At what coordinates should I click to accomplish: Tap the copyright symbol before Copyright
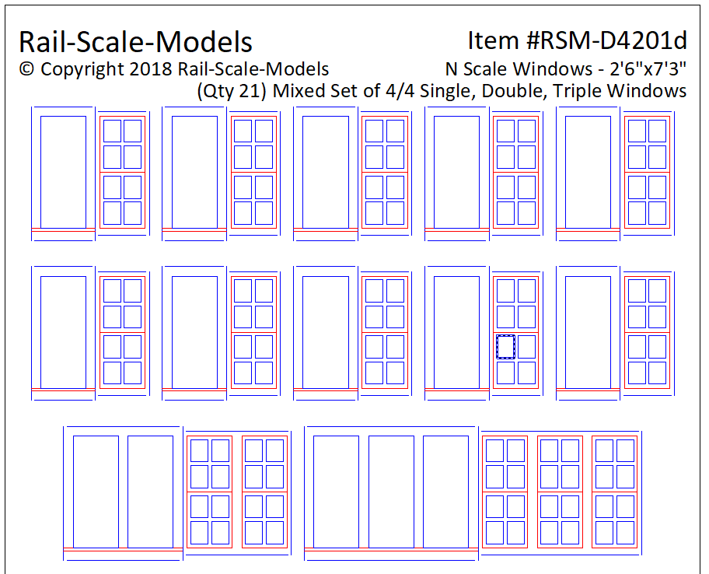tap(26, 69)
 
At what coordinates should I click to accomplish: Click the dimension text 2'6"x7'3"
tap(648, 69)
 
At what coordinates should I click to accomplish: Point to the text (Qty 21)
tap(231, 91)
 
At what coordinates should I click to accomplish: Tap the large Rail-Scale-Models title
tap(135, 42)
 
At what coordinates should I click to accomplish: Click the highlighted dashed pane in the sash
tap(505, 347)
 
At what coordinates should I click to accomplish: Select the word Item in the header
tap(494, 40)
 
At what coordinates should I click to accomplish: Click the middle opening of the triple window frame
tap(391, 492)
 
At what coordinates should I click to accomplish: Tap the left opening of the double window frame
tap(96, 492)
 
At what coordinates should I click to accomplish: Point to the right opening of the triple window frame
tap(445, 492)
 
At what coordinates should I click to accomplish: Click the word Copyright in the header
tap(82, 69)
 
